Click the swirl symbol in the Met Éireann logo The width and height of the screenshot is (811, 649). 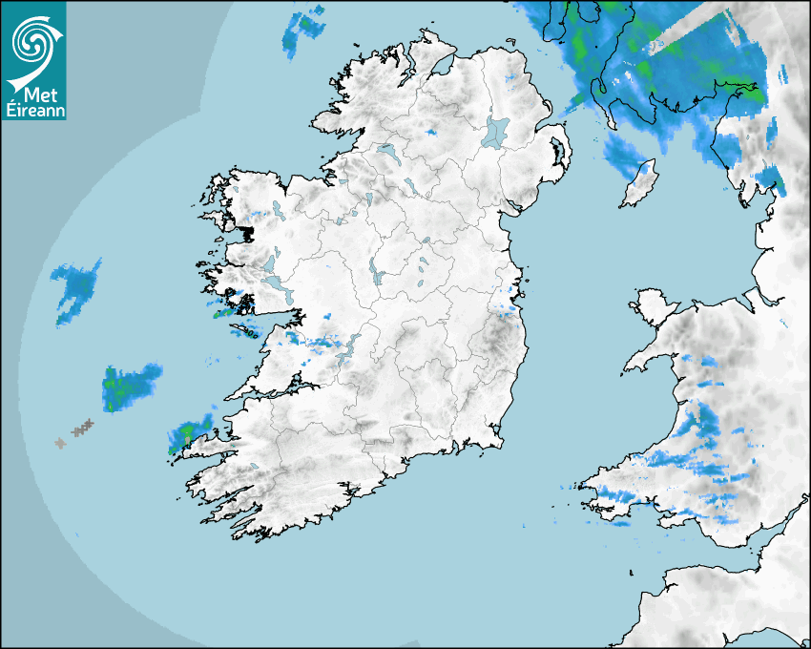pos(32,41)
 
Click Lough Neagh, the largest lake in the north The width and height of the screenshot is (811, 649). pos(497,131)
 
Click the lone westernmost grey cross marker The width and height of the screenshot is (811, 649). pos(60,443)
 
